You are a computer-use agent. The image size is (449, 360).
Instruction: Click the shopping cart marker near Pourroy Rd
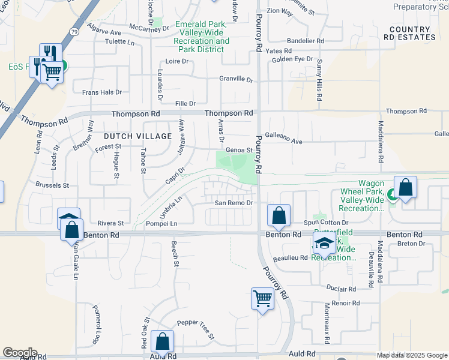pyautogui.click(x=262, y=298)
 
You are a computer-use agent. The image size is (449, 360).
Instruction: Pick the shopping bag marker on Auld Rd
pyautogui.click(x=163, y=341)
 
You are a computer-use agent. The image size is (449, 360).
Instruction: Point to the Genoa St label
pyautogui.click(x=239, y=150)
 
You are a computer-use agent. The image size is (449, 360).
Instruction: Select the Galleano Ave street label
pyautogui.click(x=283, y=142)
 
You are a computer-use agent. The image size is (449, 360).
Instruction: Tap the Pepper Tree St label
pyautogui.click(x=196, y=328)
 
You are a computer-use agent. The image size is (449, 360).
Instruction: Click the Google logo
pyautogui.click(x=20, y=353)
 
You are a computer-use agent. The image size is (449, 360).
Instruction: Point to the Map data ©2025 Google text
pyautogui.click(x=412, y=355)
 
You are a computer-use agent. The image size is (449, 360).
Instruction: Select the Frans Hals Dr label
pyautogui.click(x=102, y=92)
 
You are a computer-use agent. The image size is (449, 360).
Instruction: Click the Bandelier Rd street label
pyautogui.click(x=306, y=41)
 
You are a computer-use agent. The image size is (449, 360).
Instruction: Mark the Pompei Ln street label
pyautogui.click(x=161, y=223)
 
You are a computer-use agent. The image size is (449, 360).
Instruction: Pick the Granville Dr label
pyautogui.click(x=236, y=79)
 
